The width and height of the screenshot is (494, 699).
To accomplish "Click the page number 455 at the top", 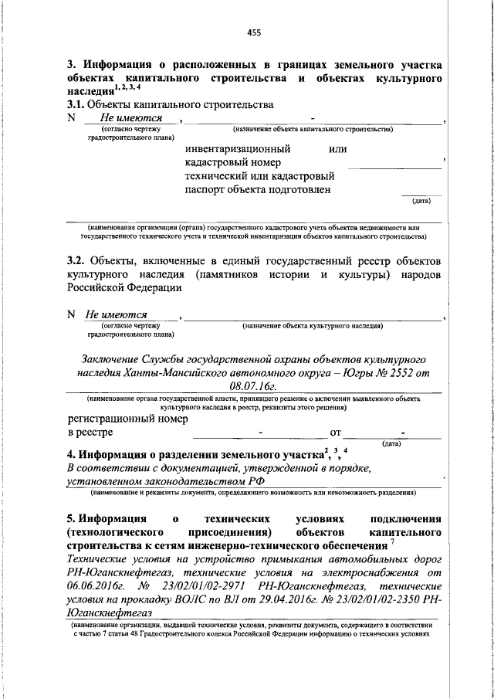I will [x=253, y=32].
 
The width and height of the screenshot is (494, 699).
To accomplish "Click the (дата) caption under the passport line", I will [x=421, y=200].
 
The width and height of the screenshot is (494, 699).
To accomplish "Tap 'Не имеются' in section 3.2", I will [x=117, y=315].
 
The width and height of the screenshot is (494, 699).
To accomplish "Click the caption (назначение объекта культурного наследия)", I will [x=313, y=327].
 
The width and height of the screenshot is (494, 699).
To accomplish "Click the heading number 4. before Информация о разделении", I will [x=71, y=453].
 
